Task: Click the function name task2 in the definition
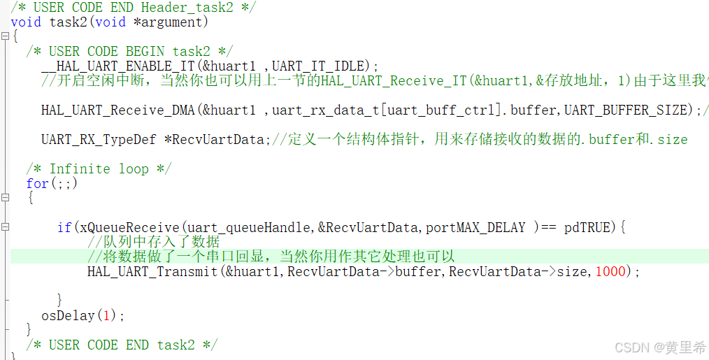(69, 22)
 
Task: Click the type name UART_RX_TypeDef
(99, 139)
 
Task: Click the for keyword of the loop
(37, 184)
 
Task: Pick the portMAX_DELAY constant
(475, 227)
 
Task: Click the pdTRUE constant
(587, 227)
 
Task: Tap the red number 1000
(610, 271)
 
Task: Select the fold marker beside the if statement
(6, 227)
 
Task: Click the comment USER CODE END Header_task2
(133, 7)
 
